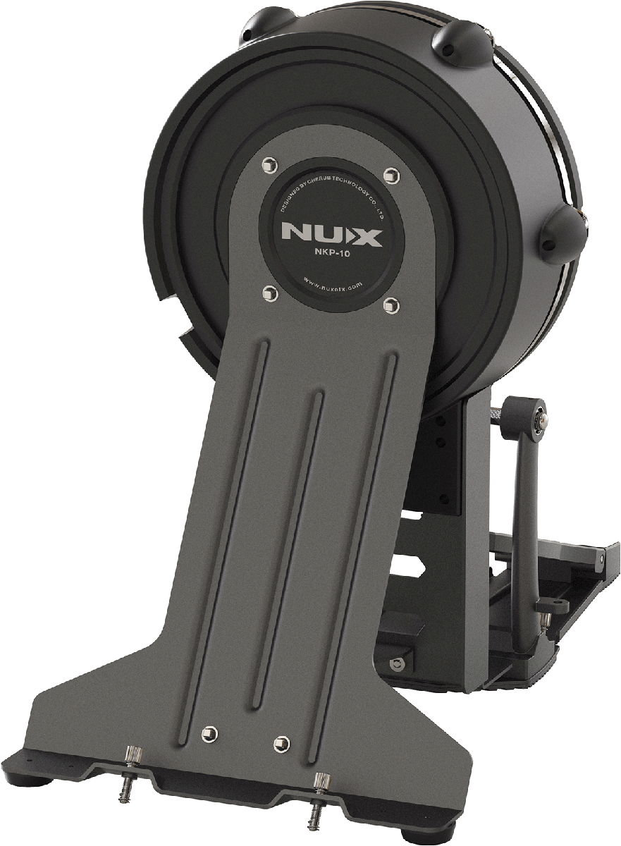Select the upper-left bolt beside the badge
267,164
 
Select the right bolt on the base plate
281,742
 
